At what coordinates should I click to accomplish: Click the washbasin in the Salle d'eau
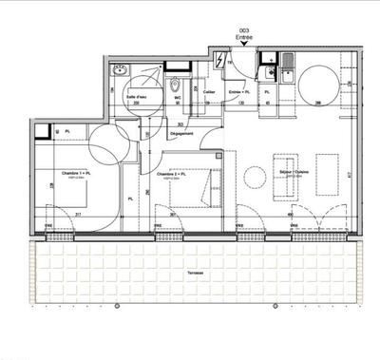tap(121, 71)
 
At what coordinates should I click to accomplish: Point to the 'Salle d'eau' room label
tap(136, 96)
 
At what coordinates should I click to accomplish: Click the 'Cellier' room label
tap(208, 92)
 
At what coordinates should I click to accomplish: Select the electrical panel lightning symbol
tap(221, 60)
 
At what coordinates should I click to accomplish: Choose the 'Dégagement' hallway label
tap(181, 133)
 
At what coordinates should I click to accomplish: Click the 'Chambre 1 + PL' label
tap(75, 174)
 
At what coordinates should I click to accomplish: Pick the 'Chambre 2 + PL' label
tap(172, 174)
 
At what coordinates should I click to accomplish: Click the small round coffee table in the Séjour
tap(255, 177)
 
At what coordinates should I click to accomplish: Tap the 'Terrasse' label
tap(198, 273)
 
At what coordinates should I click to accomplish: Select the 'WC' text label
tap(177, 96)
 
